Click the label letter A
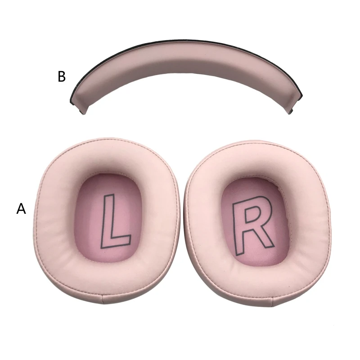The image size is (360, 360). (x=21, y=208)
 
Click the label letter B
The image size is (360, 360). (x=62, y=76)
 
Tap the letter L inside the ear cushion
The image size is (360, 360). (x=115, y=222)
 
